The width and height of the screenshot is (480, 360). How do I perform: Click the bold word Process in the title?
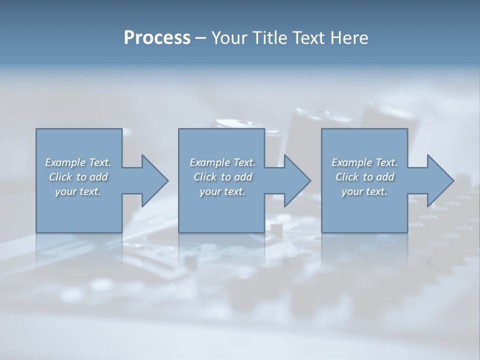pos(157,38)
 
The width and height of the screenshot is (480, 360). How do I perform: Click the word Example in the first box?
pos(65,162)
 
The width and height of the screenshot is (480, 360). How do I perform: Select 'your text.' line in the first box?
pos(78,191)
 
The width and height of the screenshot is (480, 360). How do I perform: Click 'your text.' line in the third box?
pos(364,191)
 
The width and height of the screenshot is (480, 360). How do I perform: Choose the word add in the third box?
pos(385,177)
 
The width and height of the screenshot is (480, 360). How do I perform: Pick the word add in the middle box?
pos(243,177)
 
